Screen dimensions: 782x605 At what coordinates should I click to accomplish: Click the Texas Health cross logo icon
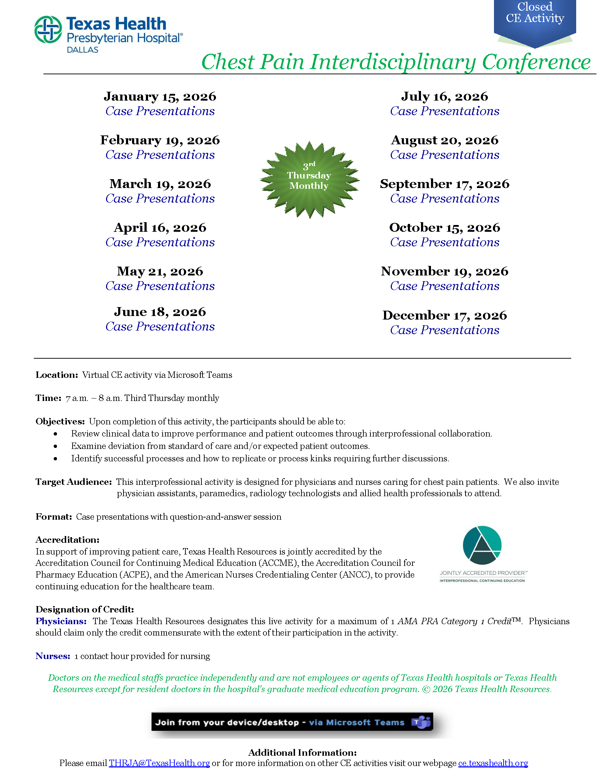(x=48, y=30)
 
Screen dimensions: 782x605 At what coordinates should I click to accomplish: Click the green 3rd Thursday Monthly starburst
(x=309, y=180)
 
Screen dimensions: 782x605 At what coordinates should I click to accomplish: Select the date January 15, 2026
(x=160, y=96)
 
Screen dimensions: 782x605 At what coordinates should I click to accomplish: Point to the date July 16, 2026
(x=444, y=96)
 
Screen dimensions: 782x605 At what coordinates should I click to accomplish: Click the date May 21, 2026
(x=160, y=271)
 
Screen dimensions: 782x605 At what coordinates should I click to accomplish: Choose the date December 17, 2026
(x=444, y=315)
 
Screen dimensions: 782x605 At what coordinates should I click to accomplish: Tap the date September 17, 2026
(x=444, y=184)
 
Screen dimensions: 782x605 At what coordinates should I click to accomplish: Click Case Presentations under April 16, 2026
(x=160, y=242)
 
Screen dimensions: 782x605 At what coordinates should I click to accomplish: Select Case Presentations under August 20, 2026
(x=444, y=155)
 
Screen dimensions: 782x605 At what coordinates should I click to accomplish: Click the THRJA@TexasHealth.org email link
(x=159, y=763)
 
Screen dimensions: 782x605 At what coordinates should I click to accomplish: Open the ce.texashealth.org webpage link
(x=493, y=763)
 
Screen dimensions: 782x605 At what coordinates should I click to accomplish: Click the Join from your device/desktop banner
(x=280, y=722)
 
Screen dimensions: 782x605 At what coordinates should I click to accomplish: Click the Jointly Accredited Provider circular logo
(x=482, y=545)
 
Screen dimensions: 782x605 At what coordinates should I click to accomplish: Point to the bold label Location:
(x=57, y=375)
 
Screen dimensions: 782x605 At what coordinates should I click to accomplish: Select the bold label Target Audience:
(x=73, y=482)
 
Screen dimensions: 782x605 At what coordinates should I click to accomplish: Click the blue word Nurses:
(x=53, y=656)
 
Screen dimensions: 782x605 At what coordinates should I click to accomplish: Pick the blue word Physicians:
(x=61, y=621)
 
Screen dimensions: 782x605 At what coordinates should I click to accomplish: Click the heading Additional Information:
(x=302, y=752)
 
